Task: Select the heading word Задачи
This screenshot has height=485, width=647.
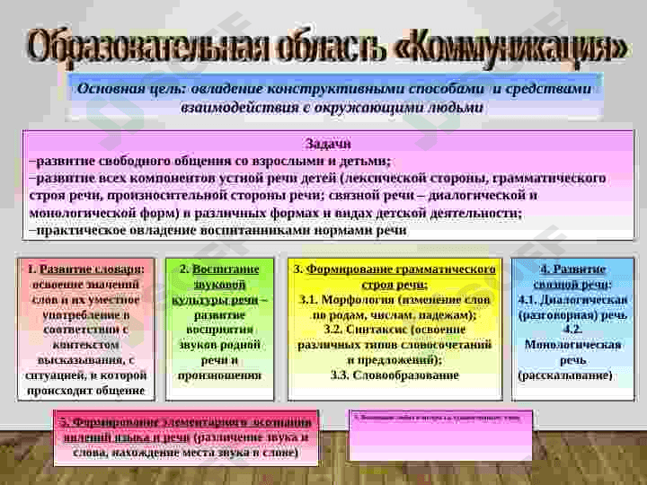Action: pos(328,144)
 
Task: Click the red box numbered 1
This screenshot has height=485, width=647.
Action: pos(86,329)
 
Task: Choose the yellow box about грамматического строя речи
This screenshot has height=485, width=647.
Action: pos(395,329)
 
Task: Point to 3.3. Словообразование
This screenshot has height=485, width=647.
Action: pos(394,375)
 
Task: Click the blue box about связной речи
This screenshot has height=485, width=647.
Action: pos(572,329)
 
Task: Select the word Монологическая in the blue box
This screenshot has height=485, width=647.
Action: pos(572,344)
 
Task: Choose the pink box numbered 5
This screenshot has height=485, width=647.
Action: pos(187,437)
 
